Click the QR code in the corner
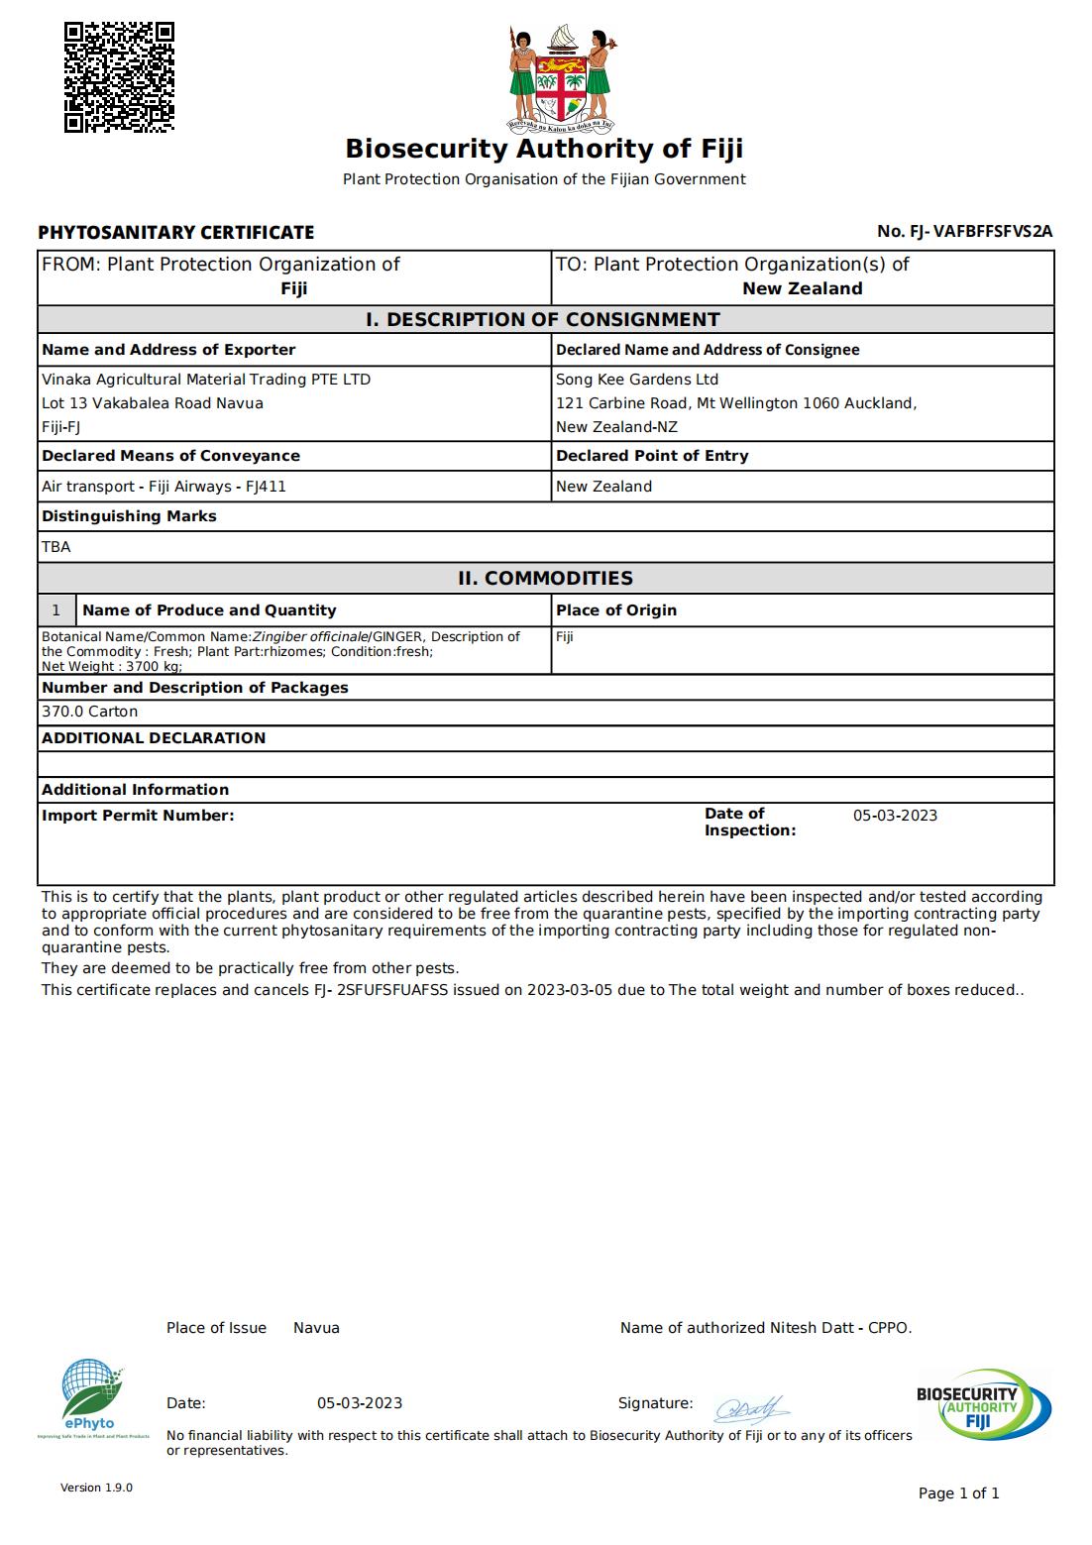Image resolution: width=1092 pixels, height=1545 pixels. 119,77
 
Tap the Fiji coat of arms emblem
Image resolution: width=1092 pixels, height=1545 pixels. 562,78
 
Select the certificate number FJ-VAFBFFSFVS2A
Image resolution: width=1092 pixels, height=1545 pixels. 980,232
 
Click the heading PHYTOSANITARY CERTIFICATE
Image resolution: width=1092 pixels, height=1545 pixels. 175,233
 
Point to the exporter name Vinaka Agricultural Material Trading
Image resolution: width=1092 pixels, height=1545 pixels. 206,380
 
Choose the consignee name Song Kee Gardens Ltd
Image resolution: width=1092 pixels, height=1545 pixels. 637,380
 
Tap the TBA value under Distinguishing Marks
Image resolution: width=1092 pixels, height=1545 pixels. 56,547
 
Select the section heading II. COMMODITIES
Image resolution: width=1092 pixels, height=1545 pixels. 545,578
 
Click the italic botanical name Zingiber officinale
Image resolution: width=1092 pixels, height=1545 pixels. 310,637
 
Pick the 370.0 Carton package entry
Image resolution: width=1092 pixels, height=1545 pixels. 89,712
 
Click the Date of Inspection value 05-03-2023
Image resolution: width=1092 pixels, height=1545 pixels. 895,816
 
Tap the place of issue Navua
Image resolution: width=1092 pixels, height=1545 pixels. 316,1328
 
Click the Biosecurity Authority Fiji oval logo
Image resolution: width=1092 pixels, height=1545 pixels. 983,1404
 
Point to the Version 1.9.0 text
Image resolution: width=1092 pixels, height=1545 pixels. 96,1488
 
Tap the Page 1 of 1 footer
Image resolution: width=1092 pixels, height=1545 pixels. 958,1493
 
